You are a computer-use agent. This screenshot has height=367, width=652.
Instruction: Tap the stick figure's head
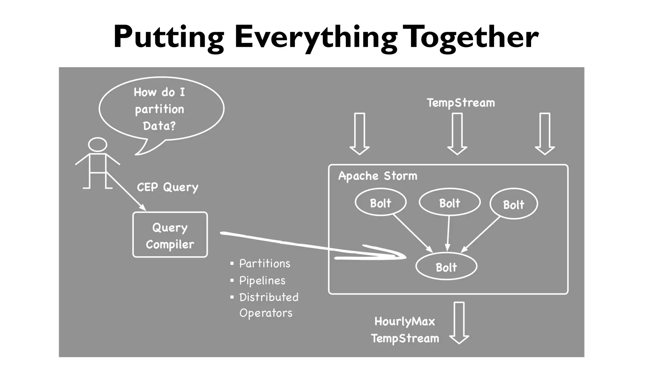(x=97, y=144)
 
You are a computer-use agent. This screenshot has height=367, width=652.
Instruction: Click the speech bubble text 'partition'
(x=159, y=109)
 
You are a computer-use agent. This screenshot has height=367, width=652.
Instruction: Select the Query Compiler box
(x=170, y=235)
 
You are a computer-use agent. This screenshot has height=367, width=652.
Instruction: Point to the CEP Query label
(x=167, y=187)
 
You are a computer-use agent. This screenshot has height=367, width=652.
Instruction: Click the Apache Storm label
(x=378, y=176)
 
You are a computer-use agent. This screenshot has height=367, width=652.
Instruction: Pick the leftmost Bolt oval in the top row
(x=380, y=202)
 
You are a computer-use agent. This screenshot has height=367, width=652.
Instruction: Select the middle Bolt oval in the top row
(x=450, y=202)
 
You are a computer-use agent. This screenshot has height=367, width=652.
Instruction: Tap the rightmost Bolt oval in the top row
(x=514, y=204)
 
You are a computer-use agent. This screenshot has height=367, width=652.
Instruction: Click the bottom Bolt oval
(x=446, y=267)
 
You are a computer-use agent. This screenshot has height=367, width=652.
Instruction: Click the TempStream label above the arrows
(x=461, y=103)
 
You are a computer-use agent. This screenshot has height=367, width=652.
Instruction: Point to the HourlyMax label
(x=405, y=321)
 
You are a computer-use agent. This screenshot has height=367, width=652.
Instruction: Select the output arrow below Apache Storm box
(x=459, y=322)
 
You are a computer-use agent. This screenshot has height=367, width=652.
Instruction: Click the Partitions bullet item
(x=265, y=263)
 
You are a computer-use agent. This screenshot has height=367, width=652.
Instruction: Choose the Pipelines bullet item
(x=262, y=280)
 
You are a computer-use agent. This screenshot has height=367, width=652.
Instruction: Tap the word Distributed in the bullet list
(x=269, y=297)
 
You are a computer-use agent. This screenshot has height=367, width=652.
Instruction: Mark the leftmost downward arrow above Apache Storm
(x=359, y=133)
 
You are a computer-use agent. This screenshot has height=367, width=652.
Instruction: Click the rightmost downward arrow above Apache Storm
(x=545, y=133)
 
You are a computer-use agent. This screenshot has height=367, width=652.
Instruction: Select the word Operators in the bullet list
(x=266, y=313)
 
